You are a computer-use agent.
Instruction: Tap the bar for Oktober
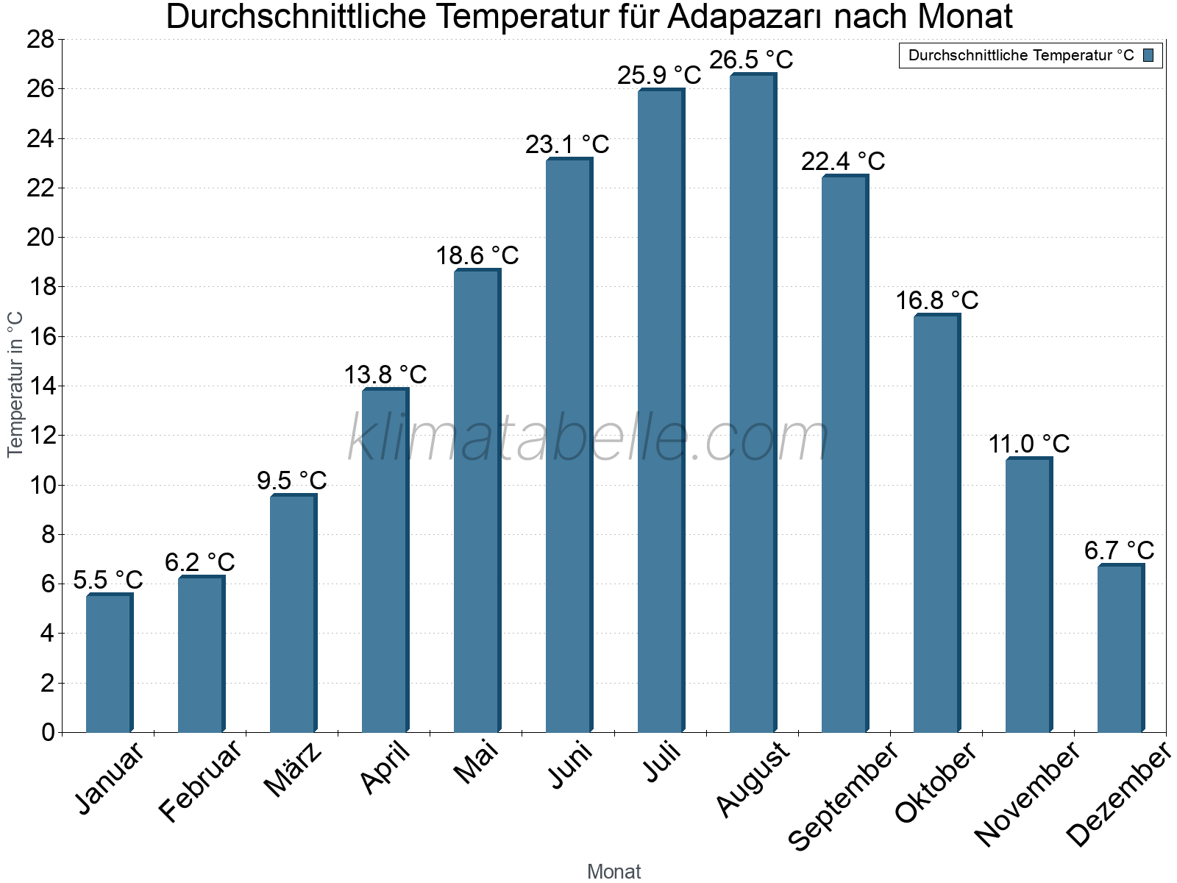[936, 523]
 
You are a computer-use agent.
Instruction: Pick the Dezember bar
[1120, 648]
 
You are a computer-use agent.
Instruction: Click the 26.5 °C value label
[751, 60]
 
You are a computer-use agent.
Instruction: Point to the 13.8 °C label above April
[385, 375]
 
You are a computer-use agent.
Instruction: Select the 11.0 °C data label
[1028, 444]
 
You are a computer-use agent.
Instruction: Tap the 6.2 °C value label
[199, 562]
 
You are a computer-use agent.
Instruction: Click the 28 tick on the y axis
[41, 39]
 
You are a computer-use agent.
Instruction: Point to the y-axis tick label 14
[41, 386]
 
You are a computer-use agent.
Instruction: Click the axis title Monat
[614, 871]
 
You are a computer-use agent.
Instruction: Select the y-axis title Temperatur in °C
[15, 384]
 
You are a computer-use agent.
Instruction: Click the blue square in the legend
[1148, 55]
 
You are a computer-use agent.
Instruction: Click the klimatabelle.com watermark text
[588, 439]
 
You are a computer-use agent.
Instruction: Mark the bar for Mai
[477, 500]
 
